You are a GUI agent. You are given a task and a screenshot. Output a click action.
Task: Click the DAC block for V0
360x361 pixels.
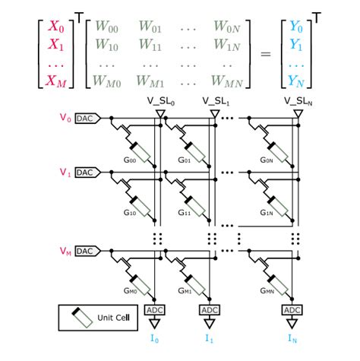click(84, 119)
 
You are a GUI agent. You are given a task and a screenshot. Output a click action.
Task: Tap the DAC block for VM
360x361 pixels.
click(84, 251)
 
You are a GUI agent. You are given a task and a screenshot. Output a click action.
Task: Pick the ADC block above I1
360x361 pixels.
click(208, 310)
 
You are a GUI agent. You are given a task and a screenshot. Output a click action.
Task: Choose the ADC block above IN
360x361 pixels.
click(292, 310)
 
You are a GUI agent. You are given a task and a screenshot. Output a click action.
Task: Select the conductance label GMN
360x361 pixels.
click(266, 291)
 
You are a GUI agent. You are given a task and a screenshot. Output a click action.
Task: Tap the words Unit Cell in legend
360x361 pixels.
click(112, 317)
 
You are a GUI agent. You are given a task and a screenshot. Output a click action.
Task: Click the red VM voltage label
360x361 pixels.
click(64, 251)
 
